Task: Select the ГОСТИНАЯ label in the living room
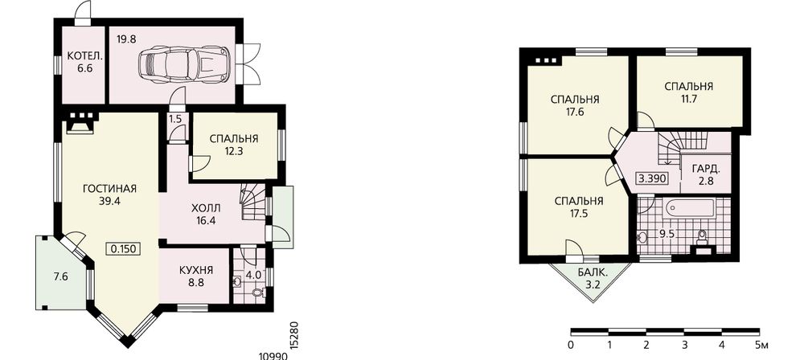click(x=109, y=189)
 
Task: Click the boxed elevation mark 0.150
click(x=123, y=249)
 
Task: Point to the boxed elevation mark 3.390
click(x=651, y=179)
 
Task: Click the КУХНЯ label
click(x=196, y=270)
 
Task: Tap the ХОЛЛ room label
click(x=206, y=208)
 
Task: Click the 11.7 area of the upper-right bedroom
click(x=689, y=99)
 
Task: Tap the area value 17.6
click(x=575, y=112)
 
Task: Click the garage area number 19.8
click(x=126, y=39)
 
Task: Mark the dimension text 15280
click(x=293, y=336)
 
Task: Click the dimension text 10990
click(x=273, y=356)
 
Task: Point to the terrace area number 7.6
click(x=61, y=277)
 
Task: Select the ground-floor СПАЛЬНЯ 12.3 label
click(x=233, y=144)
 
